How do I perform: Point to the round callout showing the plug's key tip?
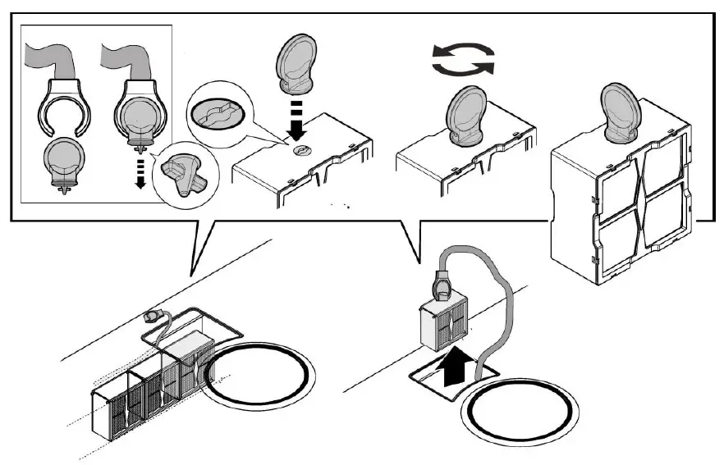(x=183, y=173)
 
